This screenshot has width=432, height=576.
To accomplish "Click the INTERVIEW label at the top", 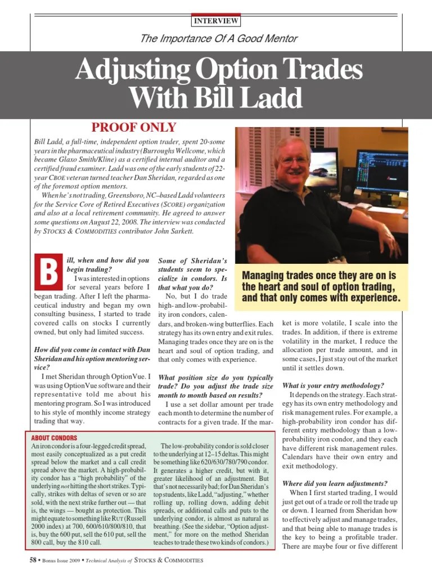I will [x=216, y=21].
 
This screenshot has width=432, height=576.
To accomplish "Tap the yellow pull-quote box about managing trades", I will [x=321, y=286].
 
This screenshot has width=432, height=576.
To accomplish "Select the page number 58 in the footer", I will [x=33, y=560].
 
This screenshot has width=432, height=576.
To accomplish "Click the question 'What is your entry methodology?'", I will [x=333, y=385].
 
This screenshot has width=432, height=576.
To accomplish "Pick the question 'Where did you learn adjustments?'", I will [x=335, y=483].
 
